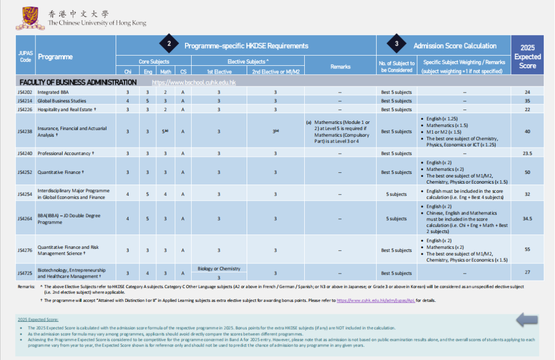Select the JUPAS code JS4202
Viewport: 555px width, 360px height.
25,93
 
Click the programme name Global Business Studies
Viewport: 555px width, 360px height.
62,101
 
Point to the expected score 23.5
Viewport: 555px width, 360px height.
527,153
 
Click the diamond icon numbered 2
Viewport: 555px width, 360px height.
169,45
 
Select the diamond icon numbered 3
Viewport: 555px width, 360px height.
396,45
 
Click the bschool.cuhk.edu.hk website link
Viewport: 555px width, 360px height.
194,82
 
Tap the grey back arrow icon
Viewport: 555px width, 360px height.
526,319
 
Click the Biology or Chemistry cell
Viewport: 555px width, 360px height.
219,268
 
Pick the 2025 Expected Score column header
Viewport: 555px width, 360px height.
527,57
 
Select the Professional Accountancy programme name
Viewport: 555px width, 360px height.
66,153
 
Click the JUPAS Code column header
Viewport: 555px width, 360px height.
25,57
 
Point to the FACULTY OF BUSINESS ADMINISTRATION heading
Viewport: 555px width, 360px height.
78,82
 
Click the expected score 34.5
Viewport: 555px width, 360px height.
527,219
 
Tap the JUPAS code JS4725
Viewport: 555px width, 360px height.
25,273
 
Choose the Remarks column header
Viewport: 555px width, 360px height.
340,67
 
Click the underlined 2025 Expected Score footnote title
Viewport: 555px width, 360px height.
38,320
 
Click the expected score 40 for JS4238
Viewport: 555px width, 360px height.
527,132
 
